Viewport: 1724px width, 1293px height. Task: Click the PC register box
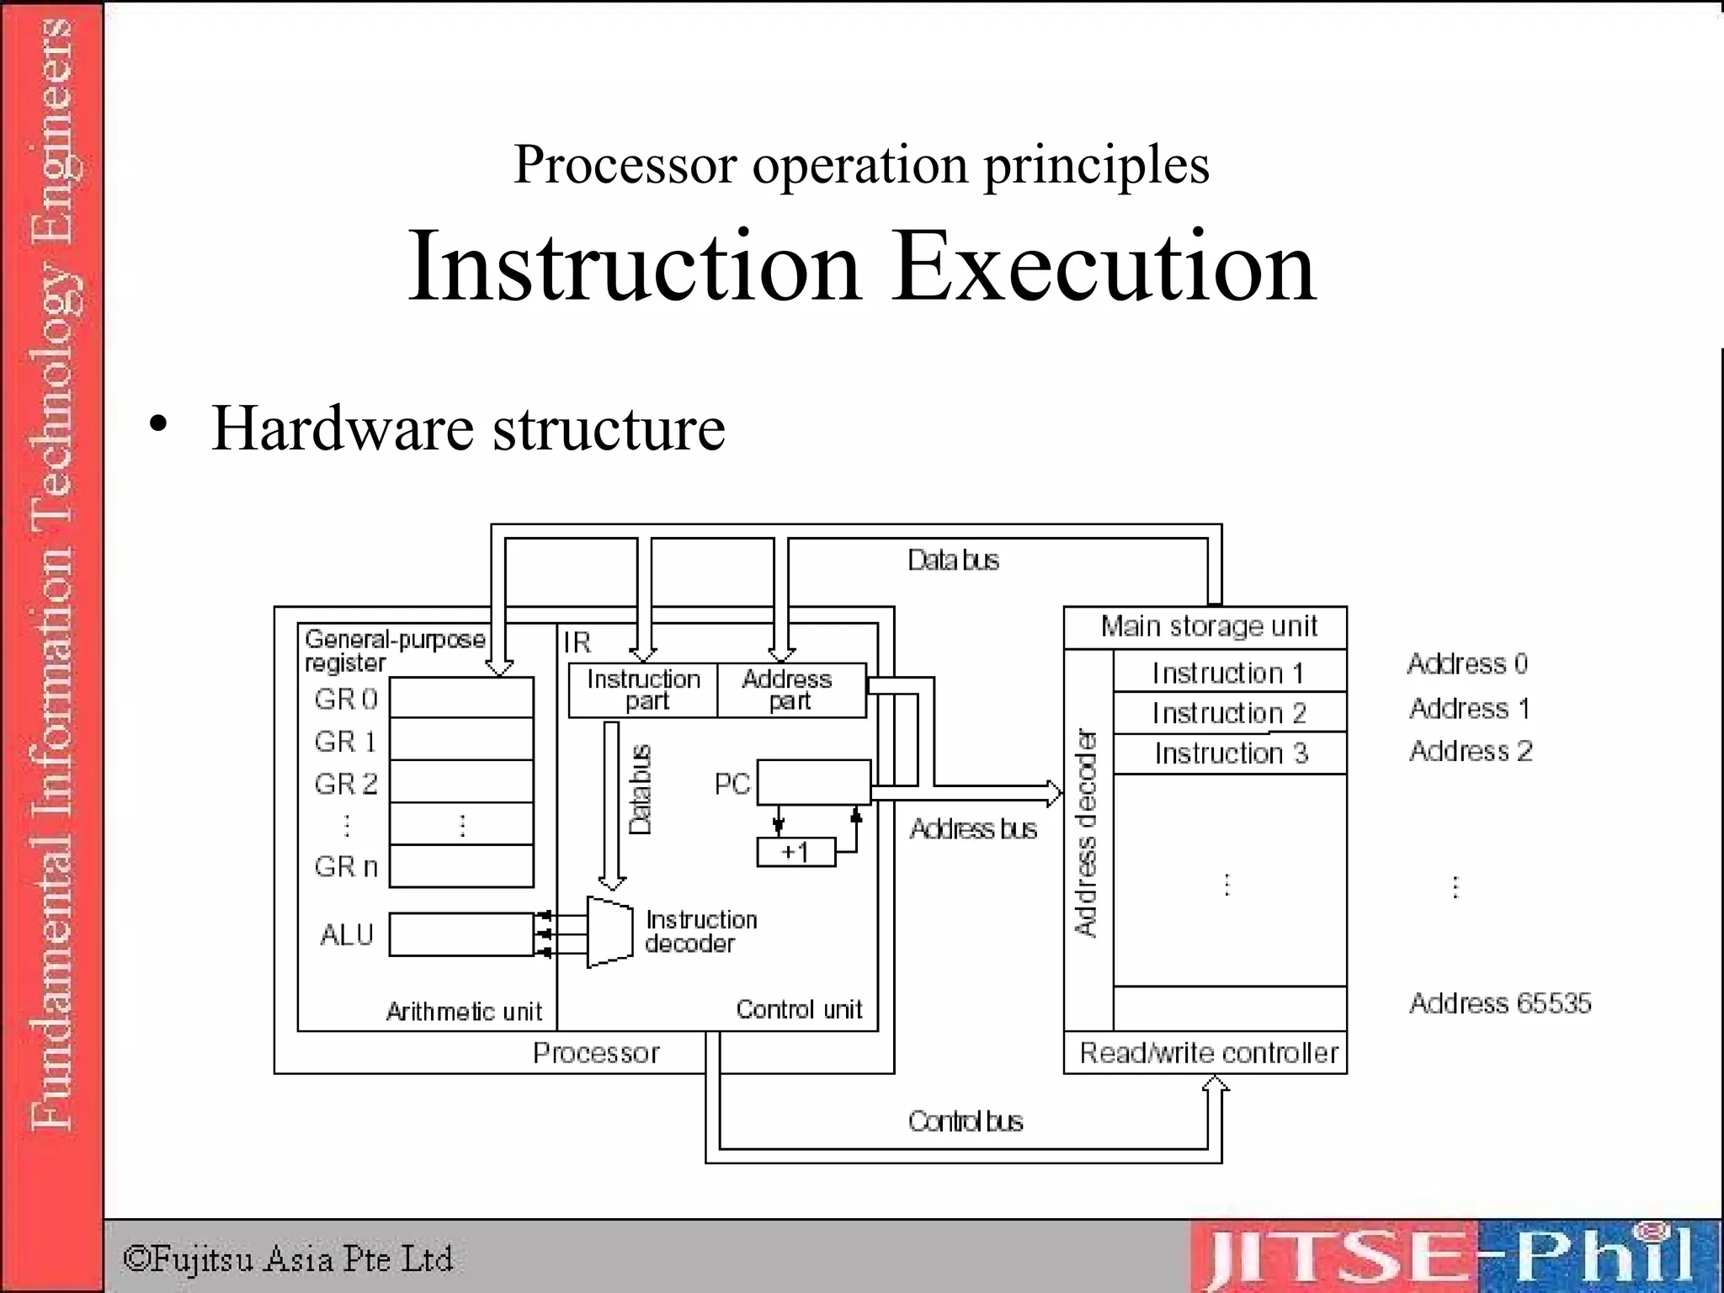pos(813,783)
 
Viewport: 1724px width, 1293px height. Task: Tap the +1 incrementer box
pos(795,852)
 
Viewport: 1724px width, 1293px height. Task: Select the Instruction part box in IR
pos(643,690)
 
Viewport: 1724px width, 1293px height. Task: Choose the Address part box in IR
pos(790,690)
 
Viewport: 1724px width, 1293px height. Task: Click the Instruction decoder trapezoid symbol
pos(609,932)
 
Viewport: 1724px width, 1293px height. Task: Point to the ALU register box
pos(461,934)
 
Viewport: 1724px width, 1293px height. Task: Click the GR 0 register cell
pos(461,698)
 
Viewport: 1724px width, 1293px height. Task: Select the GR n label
pos(346,866)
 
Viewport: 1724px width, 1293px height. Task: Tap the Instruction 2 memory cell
pos(1229,713)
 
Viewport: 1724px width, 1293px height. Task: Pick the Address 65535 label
pos(1500,1003)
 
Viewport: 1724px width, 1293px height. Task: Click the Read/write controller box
pos(1208,1053)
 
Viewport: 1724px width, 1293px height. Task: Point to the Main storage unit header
pos(1208,627)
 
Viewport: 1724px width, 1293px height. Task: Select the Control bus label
pos(965,1121)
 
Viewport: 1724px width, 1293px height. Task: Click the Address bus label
pos(973,829)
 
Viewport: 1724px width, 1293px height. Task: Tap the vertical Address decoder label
pos(1087,833)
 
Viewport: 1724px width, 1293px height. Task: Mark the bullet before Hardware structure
pos(157,423)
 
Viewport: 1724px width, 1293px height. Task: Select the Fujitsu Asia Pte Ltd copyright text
pos(288,1258)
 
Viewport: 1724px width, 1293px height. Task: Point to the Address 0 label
pos(1467,664)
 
